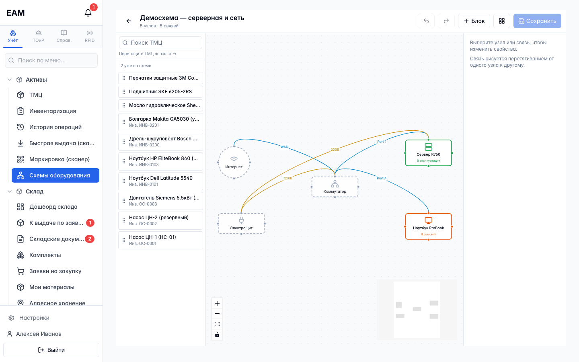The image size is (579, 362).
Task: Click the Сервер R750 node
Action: tap(428, 153)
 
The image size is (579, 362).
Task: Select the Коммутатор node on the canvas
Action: tap(335, 187)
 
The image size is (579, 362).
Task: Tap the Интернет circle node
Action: tap(234, 162)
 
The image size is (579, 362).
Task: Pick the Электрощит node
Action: tap(241, 223)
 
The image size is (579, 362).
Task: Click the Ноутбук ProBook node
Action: tap(428, 226)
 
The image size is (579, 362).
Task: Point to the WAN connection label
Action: tap(284, 147)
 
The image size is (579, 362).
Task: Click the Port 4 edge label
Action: tap(382, 178)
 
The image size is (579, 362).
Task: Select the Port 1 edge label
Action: tap(382, 142)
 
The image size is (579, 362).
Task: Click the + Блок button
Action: tap(474, 21)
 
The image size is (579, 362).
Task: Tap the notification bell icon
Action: tap(88, 13)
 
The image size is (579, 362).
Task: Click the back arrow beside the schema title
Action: tap(129, 21)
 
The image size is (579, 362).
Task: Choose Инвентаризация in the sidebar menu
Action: tap(52, 111)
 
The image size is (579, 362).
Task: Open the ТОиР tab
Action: tap(38, 36)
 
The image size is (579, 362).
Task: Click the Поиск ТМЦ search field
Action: tap(160, 43)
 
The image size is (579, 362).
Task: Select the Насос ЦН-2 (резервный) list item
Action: tap(160, 220)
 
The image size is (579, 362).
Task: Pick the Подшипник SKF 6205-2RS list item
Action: tap(160, 92)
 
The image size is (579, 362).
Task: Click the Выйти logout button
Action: tap(51, 350)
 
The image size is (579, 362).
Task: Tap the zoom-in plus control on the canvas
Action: tap(217, 303)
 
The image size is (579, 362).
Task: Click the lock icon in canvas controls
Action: tap(217, 335)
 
